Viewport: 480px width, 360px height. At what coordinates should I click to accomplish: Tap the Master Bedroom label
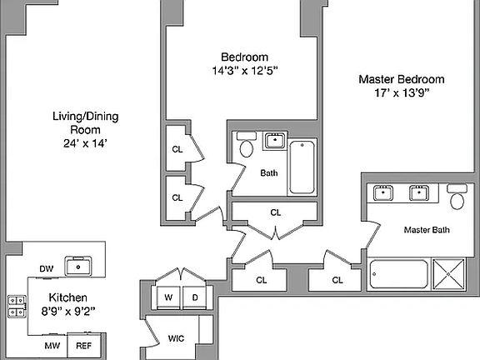(x=401, y=79)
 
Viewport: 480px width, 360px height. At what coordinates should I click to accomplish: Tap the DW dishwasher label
(x=47, y=268)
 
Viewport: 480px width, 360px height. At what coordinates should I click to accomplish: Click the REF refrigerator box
(x=85, y=345)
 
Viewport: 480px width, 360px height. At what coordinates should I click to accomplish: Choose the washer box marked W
(x=168, y=297)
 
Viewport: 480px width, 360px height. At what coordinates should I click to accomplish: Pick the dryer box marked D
(x=195, y=297)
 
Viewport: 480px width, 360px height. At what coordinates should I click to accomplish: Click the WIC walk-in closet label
(x=176, y=338)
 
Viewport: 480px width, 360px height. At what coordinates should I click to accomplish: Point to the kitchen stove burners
(x=16, y=306)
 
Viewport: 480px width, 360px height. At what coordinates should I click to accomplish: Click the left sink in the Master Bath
(x=384, y=193)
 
